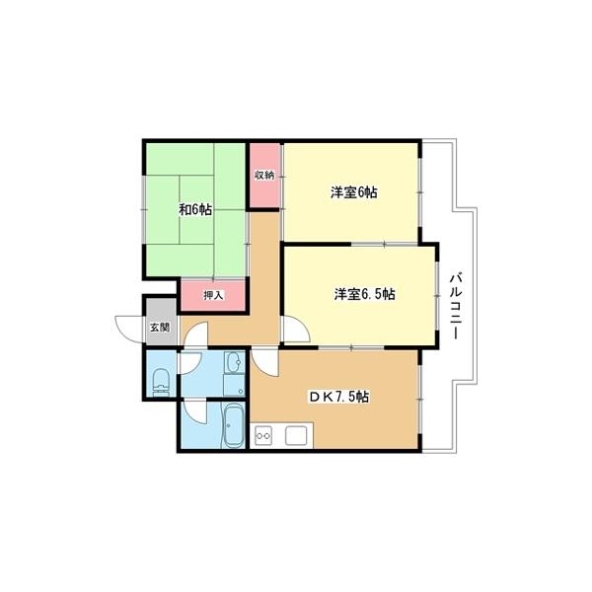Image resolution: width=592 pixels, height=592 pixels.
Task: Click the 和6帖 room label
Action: pos(194,209)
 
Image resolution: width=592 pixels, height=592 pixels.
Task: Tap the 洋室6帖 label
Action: pos(354,192)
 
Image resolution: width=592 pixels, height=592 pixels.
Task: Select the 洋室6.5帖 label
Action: pos(364,294)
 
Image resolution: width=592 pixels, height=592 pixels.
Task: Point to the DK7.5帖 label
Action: pos(339,397)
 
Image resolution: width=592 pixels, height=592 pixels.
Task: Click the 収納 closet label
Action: pos(263,176)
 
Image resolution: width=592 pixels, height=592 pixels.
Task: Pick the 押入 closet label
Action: pos(213,295)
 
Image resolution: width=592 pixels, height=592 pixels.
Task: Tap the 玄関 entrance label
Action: pos(160,327)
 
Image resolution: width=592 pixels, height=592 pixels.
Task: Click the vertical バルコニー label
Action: pos(456,306)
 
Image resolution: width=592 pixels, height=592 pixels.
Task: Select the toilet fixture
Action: pos(161,382)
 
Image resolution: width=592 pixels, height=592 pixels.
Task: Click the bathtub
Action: pos(235,425)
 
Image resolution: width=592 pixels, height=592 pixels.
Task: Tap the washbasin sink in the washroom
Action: pos(235,362)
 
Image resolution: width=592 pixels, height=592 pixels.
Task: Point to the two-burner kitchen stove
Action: pos(263,436)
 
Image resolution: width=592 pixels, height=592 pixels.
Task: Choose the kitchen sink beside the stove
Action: pos(296,436)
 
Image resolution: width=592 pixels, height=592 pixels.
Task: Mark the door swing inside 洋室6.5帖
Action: pos(296,329)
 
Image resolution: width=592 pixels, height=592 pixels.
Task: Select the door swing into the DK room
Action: pos(265,362)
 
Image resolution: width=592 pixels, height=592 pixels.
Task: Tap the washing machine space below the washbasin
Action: pos(235,385)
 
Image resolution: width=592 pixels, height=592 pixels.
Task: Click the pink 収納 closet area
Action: pos(265,176)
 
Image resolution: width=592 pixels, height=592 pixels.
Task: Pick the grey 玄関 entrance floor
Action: pos(161,322)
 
